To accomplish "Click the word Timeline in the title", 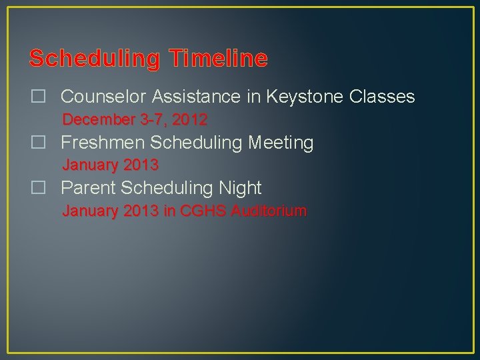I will tap(218, 59).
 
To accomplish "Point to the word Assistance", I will tap(198, 97).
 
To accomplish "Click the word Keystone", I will tap(305, 97).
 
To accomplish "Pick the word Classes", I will tap(382, 97).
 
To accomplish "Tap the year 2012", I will tap(190, 120).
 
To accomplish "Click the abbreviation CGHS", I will tap(201, 211).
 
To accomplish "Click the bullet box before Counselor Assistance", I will tap(38, 97).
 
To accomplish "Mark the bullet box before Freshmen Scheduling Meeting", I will tap(38, 143).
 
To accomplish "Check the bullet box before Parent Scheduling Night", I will tap(38, 188).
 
